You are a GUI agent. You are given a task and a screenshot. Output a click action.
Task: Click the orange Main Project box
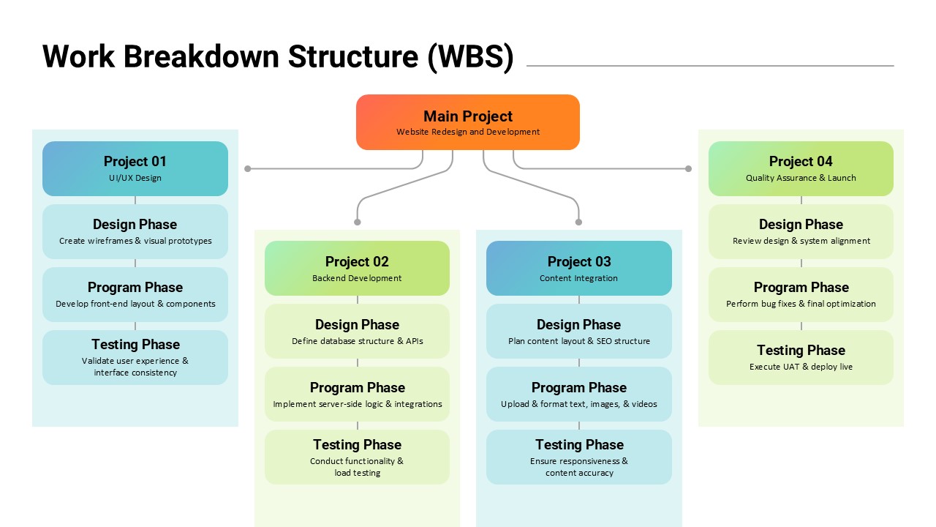pyautogui.click(x=468, y=122)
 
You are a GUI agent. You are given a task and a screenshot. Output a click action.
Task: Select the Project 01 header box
pyautogui.click(x=135, y=168)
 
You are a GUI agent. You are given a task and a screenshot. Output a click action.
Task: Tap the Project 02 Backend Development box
pyautogui.click(x=357, y=269)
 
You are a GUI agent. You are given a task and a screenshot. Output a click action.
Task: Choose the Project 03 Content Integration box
pyautogui.click(x=578, y=269)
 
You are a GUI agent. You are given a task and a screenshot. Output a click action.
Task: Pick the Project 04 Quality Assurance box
pyautogui.click(x=801, y=168)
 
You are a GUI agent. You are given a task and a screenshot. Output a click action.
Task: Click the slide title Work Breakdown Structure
pyautogui.click(x=278, y=57)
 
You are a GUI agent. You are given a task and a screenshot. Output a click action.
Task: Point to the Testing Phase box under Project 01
pyautogui.click(x=135, y=357)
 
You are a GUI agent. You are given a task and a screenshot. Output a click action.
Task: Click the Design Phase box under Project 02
pyautogui.click(x=357, y=331)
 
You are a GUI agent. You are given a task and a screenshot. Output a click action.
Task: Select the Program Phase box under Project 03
pyautogui.click(x=578, y=394)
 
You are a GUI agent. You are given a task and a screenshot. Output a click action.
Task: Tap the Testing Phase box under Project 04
pyautogui.click(x=801, y=357)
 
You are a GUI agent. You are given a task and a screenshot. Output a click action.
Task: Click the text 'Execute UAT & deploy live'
pyautogui.click(x=801, y=367)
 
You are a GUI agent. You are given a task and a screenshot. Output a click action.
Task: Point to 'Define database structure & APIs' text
pyautogui.click(x=357, y=341)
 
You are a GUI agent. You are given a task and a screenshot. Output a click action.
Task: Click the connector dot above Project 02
pyautogui.click(x=358, y=222)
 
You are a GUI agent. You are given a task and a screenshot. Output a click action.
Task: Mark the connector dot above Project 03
pyautogui.click(x=578, y=222)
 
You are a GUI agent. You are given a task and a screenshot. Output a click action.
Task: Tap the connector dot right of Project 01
pyautogui.click(x=248, y=168)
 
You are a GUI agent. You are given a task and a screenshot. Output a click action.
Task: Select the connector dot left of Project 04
pyautogui.click(x=688, y=168)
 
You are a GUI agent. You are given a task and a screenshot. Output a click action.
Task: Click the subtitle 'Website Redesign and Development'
pyautogui.click(x=468, y=132)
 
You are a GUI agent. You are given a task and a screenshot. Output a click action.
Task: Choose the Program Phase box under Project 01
pyautogui.click(x=135, y=294)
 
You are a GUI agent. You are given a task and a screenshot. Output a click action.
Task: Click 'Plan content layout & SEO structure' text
pyautogui.click(x=578, y=341)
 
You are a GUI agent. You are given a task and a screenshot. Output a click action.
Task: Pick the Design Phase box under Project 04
pyautogui.click(x=801, y=231)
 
